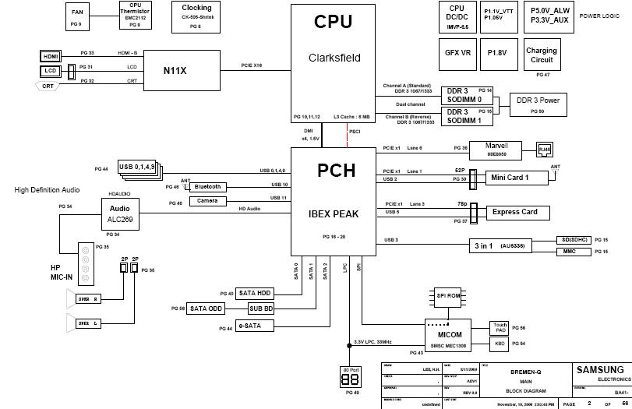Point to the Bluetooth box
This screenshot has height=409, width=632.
pyautogui.click(x=208, y=187)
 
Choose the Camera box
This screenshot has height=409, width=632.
pyautogui.click(x=207, y=201)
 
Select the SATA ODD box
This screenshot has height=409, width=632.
pyautogui.click(x=207, y=309)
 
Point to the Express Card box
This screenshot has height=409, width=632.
pyautogui.click(x=514, y=212)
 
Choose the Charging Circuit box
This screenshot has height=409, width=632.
pyautogui.click(x=542, y=55)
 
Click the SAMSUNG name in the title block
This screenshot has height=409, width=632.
pyautogui.click(x=599, y=369)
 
